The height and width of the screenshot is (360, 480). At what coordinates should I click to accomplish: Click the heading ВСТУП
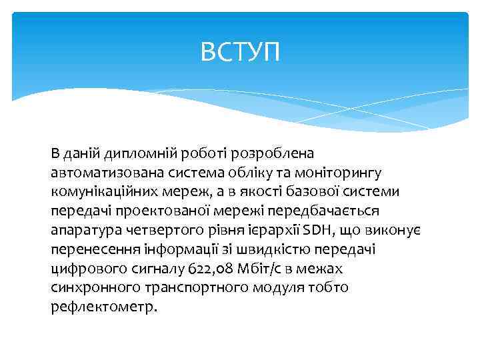click(x=241, y=51)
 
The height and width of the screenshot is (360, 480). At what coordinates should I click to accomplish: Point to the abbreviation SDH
click(x=315, y=231)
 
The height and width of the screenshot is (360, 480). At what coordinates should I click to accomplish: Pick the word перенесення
click(x=87, y=250)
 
